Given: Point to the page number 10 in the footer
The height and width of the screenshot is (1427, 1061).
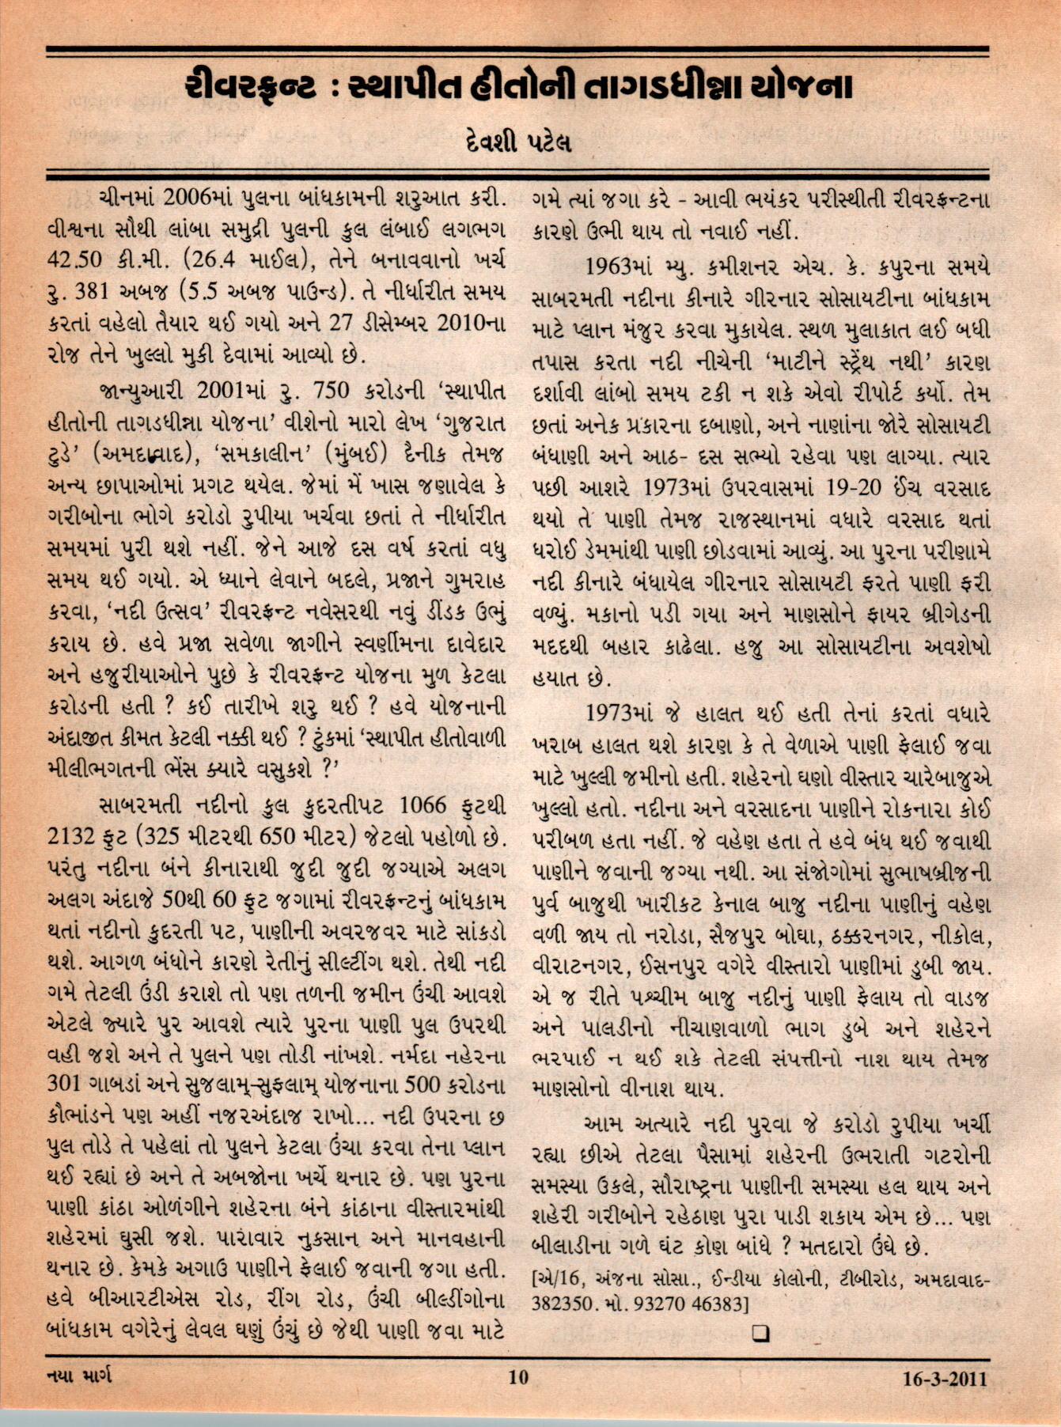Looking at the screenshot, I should click(518, 1377).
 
